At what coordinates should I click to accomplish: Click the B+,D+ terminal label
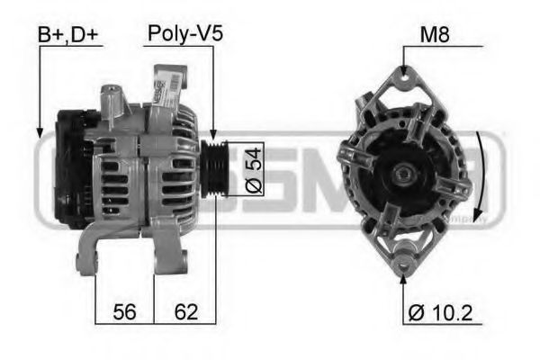click(70, 35)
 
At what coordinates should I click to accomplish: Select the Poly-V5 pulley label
click(184, 35)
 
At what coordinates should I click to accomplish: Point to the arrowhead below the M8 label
click(403, 74)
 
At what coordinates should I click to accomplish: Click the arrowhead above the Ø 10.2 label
click(403, 277)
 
